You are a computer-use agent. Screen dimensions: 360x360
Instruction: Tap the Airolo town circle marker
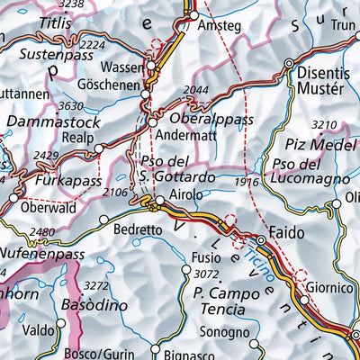tap(161, 202)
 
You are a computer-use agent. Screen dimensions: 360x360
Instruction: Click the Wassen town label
tap(123, 67)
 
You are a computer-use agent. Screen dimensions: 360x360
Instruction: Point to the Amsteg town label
tap(220, 27)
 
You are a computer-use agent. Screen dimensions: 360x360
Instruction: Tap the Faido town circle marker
tap(262, 241)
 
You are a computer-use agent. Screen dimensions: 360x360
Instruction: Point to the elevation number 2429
tap(47, 157)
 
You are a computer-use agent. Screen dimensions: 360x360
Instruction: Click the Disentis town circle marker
tap(289, 64)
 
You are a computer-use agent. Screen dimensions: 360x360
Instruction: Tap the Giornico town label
tap(328, 289)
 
